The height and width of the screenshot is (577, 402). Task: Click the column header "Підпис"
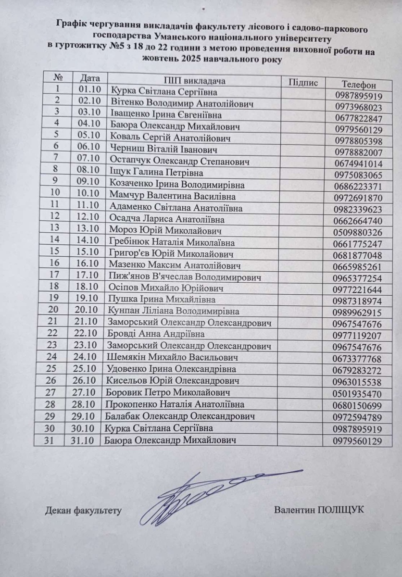303,82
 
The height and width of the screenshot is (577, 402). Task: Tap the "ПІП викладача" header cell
195,80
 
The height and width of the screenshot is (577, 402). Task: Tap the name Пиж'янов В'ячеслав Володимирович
186,277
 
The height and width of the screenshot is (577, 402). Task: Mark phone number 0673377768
359,359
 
